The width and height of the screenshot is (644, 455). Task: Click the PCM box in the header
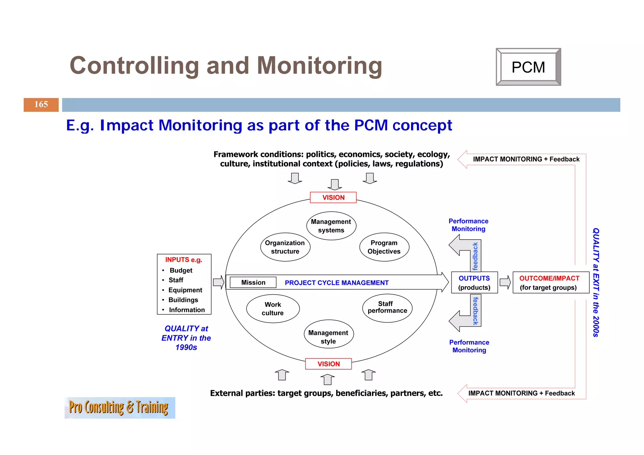(x=528, y=67)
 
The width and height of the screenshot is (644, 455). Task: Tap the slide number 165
(x=41, y=104)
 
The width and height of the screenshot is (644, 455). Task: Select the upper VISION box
(x=333, y=197)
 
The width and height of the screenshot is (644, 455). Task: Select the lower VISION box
(x=328, y=364)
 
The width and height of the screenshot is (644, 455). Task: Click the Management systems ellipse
(x=331, y=226)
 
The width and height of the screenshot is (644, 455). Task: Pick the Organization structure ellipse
(x=285, y=247)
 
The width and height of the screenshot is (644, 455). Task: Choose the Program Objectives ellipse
(x=384, y=247)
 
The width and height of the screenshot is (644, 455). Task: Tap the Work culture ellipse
(x=273, y=308)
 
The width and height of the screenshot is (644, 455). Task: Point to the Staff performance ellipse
(x=387, y=308)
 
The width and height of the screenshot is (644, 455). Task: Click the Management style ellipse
(x=328, y=337)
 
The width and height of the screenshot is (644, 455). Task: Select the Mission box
(x=253, y=282)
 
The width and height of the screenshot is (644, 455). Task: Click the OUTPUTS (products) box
(x=474, y=282)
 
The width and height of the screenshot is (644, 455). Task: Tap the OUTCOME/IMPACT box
(x=550, y=282)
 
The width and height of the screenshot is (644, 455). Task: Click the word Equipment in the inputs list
(x=185, y=290)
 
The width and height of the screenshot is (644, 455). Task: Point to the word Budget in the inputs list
(x=181, y=270)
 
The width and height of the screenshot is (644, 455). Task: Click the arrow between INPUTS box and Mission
(x=218, y=282)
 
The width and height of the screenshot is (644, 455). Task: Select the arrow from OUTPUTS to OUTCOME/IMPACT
(x=505, y=282)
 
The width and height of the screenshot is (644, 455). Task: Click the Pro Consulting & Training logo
(x=119, y=408)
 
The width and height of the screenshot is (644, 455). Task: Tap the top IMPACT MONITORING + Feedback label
(x=526, y=159)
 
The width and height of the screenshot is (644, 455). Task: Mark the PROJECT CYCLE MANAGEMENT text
(x=336, y=283)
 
